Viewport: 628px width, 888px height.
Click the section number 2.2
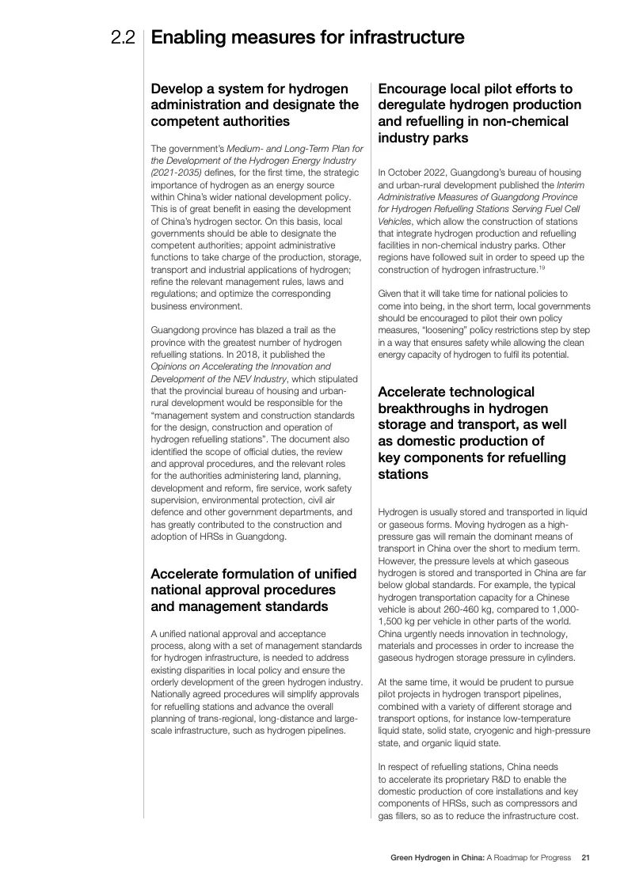point(124,37)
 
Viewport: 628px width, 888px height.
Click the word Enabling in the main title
point(188,37)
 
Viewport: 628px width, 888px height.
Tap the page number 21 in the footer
point(585,857)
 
